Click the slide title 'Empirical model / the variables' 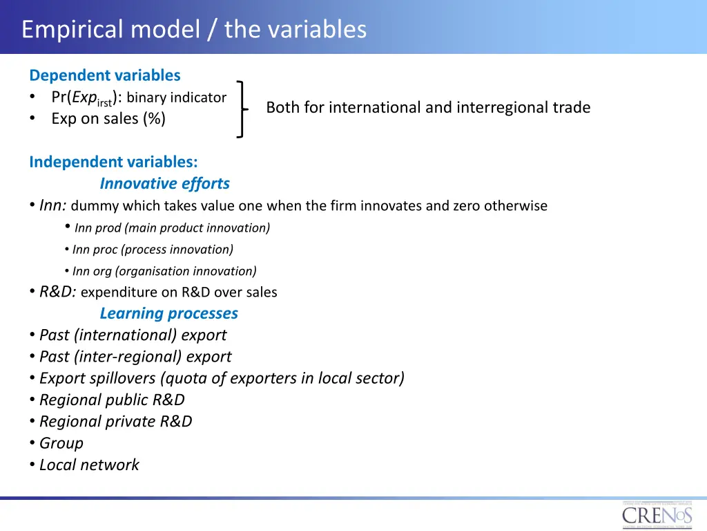coord(193,30)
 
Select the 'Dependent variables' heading coord(105,75)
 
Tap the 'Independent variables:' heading coord(113,162)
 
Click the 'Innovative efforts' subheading coord(164,183)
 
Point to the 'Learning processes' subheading coord(168,313)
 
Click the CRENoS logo coord(657,516)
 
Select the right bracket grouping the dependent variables coord(241,109)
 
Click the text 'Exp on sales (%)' coord(108,119)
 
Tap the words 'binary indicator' coord(177,97)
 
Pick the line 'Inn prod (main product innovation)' coord(172,227)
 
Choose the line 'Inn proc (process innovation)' coord(153,250)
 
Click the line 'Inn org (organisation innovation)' coord(164,271)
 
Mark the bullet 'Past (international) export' coord(133,335)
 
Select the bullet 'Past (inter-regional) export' coord(135,357)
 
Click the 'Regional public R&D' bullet coord(112,400)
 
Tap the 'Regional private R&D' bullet coord(115,421)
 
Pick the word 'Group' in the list coord(61,443)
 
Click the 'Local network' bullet coord(89,465)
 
